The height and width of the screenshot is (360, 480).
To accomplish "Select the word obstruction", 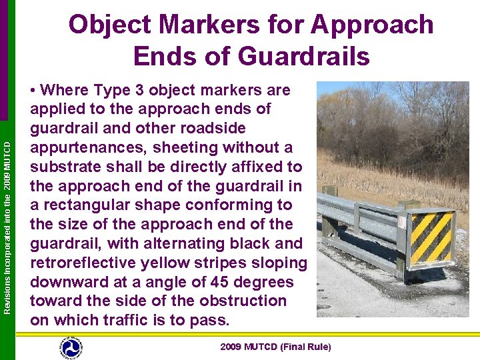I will tap(245, 301).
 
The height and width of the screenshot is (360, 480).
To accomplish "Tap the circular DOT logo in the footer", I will tap(70, 347).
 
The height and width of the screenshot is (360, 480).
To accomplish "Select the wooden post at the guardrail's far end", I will tap(329, 191).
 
